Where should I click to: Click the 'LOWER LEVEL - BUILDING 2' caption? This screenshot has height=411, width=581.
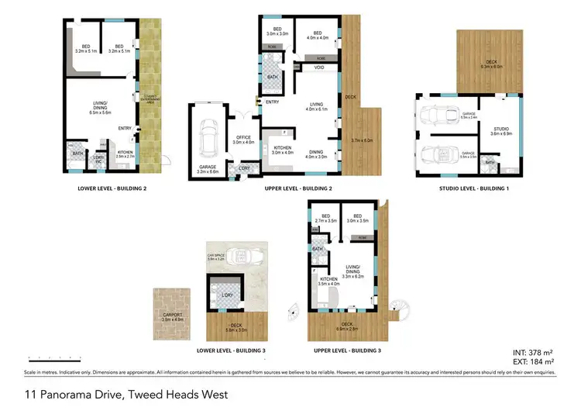click(112, 188)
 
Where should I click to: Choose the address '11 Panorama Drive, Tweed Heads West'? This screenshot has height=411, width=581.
click(127, 395)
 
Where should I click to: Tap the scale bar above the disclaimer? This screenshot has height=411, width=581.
click(54, 359)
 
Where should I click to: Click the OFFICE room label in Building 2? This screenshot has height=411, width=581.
click(244, 140)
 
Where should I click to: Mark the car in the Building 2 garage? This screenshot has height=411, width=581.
click(208, 140)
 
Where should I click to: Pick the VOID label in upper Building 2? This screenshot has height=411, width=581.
click(318, 68)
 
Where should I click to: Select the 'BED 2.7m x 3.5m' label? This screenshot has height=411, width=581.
click(325, 219)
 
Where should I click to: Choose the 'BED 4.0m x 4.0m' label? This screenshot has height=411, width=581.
click(318, 35)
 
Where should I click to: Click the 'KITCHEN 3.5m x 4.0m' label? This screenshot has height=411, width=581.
click(328, 282)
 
